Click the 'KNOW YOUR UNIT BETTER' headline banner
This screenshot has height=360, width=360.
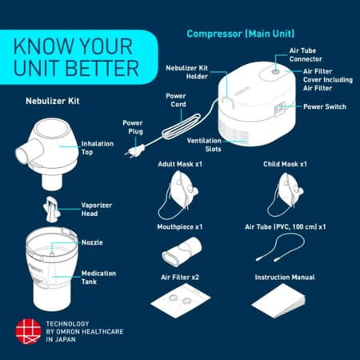point(76,54)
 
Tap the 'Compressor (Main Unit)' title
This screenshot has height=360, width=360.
point(239,34)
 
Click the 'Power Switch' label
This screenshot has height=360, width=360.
point(325,106)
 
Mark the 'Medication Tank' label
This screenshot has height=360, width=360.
point(99,277)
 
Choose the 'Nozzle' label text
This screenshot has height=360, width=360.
point(93,242)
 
